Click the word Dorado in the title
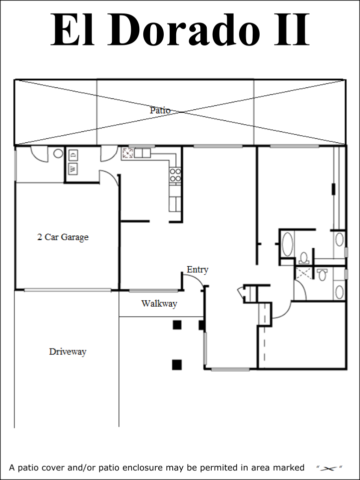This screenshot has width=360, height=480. [183, 29]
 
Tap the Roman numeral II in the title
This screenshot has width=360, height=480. [292, 29]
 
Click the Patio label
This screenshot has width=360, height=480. [160, 110]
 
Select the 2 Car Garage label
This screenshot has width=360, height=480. [63, 237]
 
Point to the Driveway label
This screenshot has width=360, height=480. [67, 352]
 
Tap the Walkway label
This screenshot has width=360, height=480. [159, 304]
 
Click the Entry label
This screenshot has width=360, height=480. [197, 270]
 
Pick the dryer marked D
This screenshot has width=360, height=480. [73, 155]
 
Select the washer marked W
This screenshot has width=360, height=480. [73, 169]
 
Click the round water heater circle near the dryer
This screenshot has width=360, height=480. [58, 153]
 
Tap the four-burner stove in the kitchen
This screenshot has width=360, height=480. [175, 175]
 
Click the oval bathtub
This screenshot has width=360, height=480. [287, 244]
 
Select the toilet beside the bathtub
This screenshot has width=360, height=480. [304, 258]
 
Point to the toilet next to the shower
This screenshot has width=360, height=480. [322, 274]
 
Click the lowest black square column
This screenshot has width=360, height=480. [177, 365]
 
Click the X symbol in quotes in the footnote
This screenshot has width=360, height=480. [330, 468]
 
